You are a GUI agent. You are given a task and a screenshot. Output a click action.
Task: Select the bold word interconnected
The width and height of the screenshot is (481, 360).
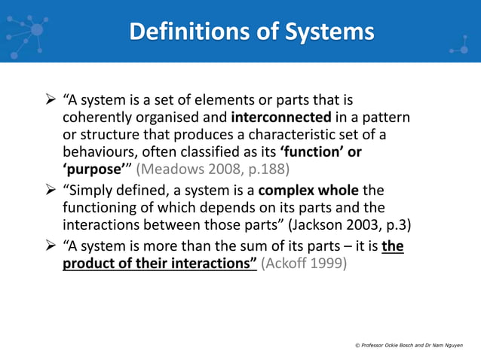pyautogui.click(x=281, y=117)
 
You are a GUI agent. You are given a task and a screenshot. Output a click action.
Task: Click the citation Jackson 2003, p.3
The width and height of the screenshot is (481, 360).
pyautogui.click(x=354, y=224)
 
